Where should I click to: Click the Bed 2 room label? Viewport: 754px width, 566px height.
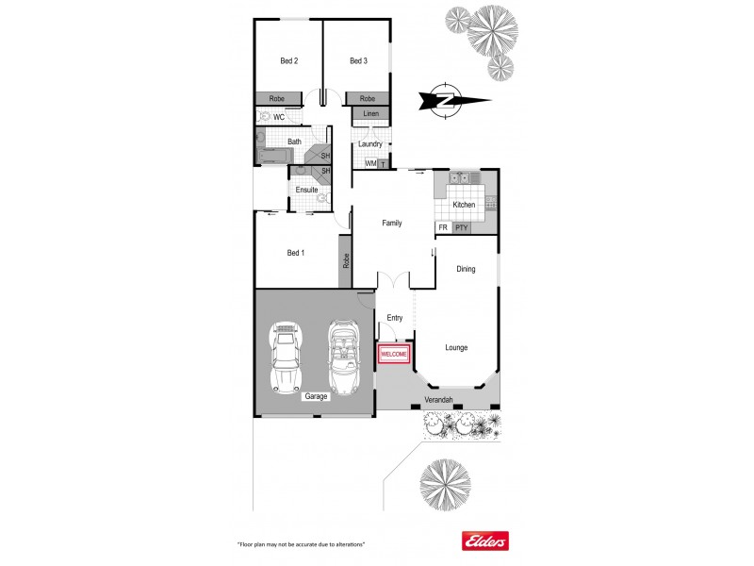(289, 62)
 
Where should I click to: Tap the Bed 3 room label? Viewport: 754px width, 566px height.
(358, 62)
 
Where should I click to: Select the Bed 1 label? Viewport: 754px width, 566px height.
(296, 253)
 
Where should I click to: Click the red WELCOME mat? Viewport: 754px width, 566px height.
(394, 354)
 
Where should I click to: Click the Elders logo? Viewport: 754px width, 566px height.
(484, 541)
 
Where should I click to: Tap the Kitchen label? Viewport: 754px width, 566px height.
(464, 205)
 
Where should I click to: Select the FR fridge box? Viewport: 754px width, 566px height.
(443, 227)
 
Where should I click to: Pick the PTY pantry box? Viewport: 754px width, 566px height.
(461, 227)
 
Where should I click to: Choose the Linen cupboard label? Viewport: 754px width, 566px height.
(370, 114)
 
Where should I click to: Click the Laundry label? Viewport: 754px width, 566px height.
(370, 144)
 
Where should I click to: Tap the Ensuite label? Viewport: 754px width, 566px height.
(306, 190)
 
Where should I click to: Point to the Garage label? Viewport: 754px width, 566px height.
(316, 396)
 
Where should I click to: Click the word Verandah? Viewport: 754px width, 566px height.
(440, 400)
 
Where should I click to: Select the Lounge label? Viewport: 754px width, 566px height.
(457, 348)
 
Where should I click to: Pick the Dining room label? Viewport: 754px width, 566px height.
(466, 269)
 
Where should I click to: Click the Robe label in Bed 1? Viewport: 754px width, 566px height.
(346, 261)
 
